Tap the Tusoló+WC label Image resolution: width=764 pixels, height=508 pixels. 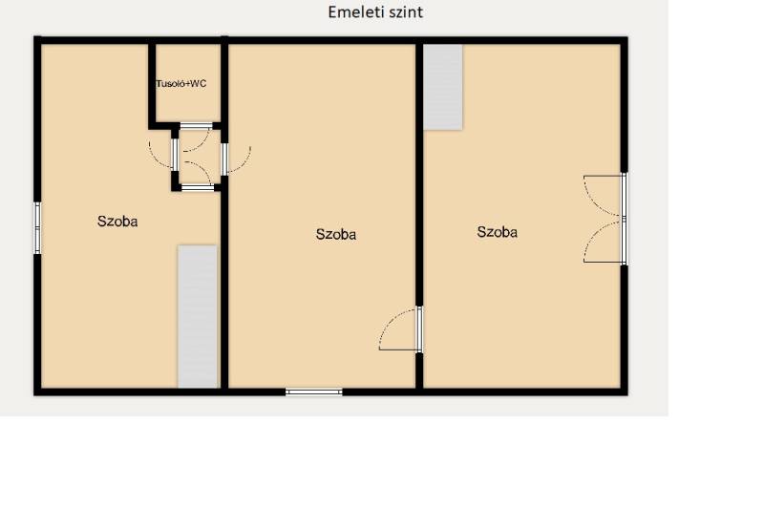[x=181, y=84]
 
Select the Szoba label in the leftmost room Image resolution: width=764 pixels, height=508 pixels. [x=117, y=222]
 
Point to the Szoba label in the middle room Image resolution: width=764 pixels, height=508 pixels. [x=336, y=234]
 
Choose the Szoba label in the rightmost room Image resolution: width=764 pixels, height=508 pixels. [x=497, y=232]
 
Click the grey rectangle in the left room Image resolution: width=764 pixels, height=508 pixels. [x=198, y=317]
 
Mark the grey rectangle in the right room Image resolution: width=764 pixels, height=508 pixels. [x=443, y=87]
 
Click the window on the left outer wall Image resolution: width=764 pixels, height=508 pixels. [x=37, y=228]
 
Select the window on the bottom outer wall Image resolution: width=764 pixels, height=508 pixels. [x=314, y=392]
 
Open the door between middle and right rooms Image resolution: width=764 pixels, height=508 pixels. [x=400, y=329]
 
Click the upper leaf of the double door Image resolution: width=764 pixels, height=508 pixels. [x=605, y=196]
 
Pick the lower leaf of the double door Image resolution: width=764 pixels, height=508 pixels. [x=605, y=241]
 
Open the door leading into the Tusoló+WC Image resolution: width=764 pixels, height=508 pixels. [x=196, y=137]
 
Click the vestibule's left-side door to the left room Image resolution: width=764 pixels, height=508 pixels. [x=162, y=154]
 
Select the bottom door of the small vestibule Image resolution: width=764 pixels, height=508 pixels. [x=198, y=176]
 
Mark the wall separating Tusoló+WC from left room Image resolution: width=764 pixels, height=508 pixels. [x=152, y=83]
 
